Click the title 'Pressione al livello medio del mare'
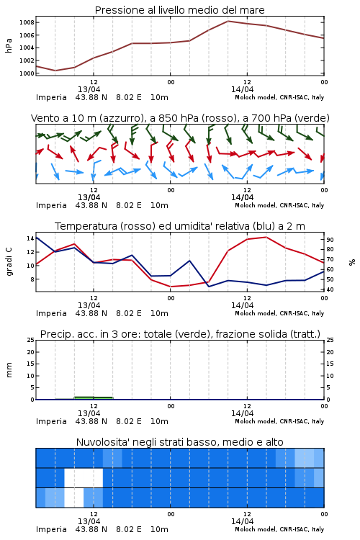179,10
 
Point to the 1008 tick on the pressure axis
27,23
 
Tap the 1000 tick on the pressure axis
27,73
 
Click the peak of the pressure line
228,21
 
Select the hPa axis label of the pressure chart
9,45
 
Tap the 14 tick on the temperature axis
30,238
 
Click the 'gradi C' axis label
9,262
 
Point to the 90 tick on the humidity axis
330,240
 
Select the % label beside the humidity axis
352,262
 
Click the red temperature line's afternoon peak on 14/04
266,237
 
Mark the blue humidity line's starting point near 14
36,237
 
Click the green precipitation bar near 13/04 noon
94,398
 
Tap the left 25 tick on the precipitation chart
31,340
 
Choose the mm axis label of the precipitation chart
9,369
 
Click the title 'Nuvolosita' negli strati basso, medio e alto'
179,442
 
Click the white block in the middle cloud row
84,477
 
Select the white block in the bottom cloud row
74,498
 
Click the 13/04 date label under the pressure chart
89,89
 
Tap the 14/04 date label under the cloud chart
242,521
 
